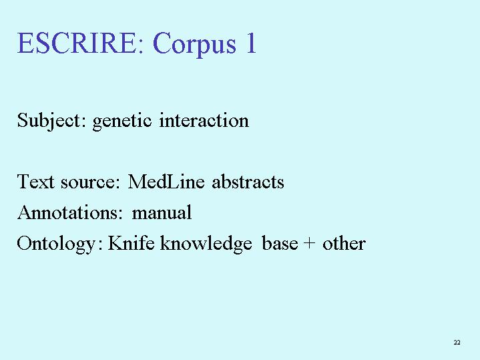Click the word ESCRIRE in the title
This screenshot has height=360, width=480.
click(x=76, y=43)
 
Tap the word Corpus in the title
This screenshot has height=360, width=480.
click(x=194, y=45)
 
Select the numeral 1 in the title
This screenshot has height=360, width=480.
click(x=251, y=43)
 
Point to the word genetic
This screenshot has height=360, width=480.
click(x=122, y=122)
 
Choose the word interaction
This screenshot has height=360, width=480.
click(x=204, y=120)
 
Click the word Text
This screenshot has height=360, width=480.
click(x=36, y=182)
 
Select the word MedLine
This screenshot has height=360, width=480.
click(x=166, y=182)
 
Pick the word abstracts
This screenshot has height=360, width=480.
click(x=248, y=182)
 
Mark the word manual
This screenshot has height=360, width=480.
click(x=162, y=212)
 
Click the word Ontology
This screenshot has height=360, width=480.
click(x=56, y=244)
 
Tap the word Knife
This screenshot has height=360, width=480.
click(x=131, y=242)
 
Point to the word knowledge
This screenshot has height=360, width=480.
click(x=206, y=244)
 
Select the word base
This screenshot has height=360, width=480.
click(x=280, y=242)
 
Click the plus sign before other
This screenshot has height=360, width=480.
click(x=310, y=243)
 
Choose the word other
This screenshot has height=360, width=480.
click(x=344, y=242)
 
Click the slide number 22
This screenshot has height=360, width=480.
click(x=457, y=342)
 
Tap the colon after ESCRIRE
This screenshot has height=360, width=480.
click(x=140, y=47)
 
